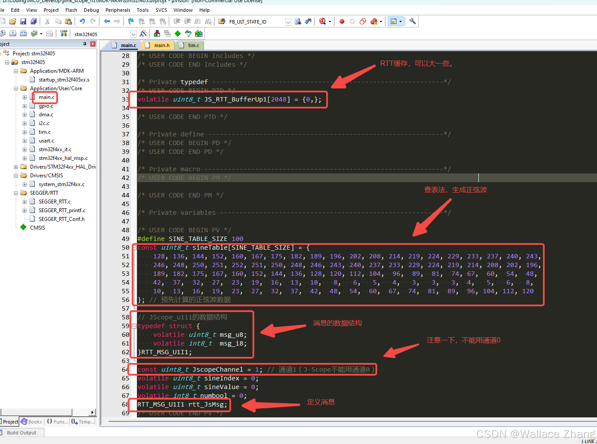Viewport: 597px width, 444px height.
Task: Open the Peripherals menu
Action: pos(118,10)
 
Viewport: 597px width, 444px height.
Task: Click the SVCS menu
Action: pos(161,10)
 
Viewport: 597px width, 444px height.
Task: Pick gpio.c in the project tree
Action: pos(46,106)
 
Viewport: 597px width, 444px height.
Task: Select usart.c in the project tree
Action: pos(46,141)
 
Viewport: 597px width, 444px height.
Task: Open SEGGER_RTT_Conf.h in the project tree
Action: pos(61,219)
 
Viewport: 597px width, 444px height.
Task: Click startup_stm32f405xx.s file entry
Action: pos(64,80)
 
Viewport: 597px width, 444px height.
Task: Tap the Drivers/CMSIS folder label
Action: pos(46,176)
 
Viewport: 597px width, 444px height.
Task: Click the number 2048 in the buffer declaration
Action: pos(279,99)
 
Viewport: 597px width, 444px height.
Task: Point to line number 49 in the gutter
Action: pos(126,239)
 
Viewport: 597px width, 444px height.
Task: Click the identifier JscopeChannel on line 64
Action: pos(218,369)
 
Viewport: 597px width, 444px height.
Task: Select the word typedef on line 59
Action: pos(151,326)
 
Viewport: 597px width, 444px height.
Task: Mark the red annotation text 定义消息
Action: pos(321,402)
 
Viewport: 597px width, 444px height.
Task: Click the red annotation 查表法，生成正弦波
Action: pos(455,190)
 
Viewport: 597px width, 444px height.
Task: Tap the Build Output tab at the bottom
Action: pos(21,433)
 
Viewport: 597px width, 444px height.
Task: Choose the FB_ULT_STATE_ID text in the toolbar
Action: pos(248,22)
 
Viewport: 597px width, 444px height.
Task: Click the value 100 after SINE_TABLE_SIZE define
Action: pos(237,239)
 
